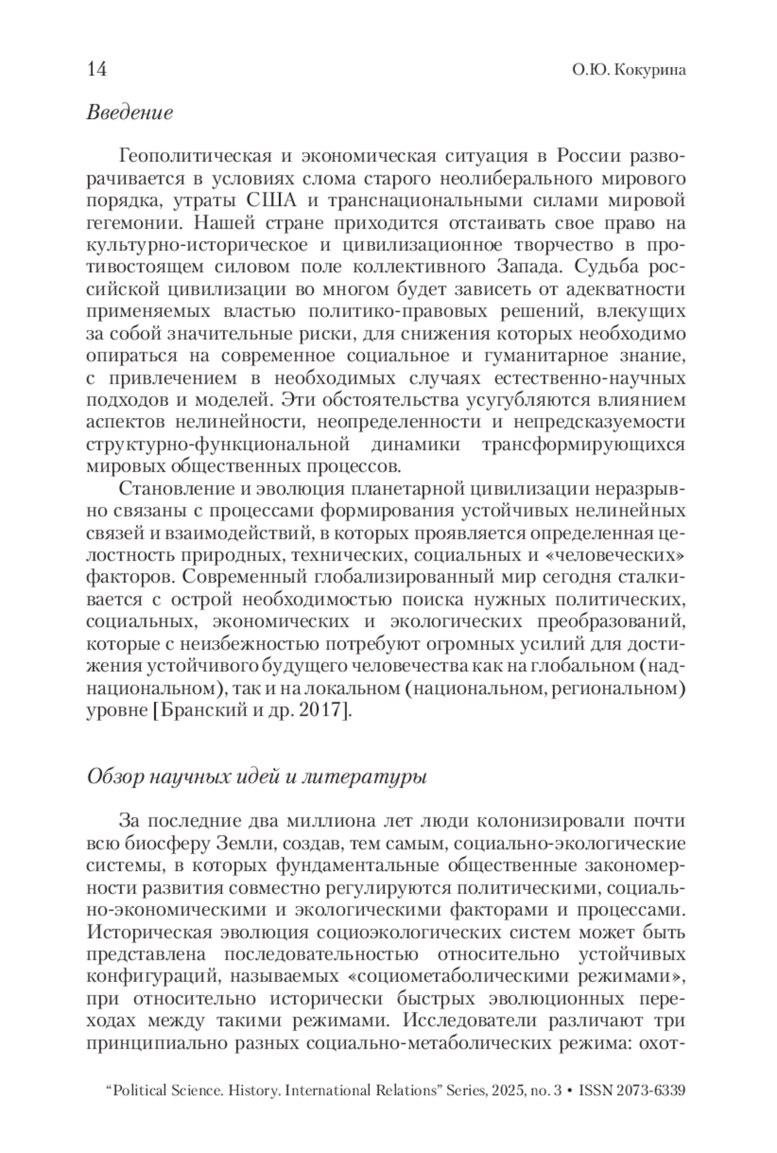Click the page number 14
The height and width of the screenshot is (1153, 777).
96,69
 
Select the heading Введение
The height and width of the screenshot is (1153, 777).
129,113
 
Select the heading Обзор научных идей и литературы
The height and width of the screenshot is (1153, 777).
256,777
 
